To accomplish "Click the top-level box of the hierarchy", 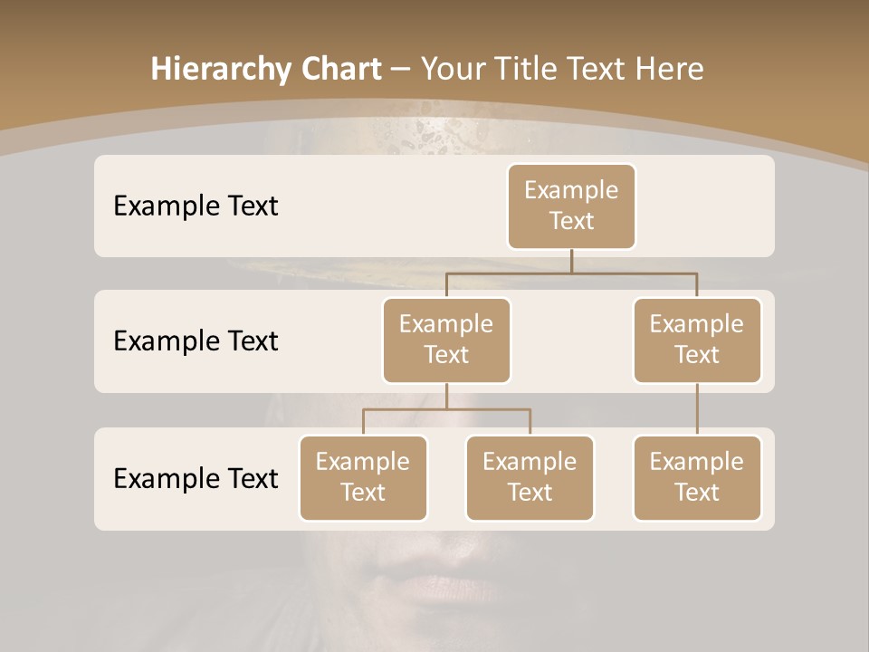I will (x=571, y=206).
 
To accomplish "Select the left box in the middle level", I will (x=446, y=340).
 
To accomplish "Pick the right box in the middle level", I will (x=697, y=340).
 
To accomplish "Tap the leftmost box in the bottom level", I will (x=363, y=477).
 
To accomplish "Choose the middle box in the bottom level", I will (x=530, y=477).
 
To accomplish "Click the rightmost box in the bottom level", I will (x=697, y=477).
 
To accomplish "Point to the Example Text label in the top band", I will (x=196, y=206).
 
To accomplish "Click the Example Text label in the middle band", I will (x=196, y=341).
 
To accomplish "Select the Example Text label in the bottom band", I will (x=196, y=478).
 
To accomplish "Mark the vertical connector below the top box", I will (x=571, y=260).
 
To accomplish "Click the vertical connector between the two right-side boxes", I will (x=697, y=409).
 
